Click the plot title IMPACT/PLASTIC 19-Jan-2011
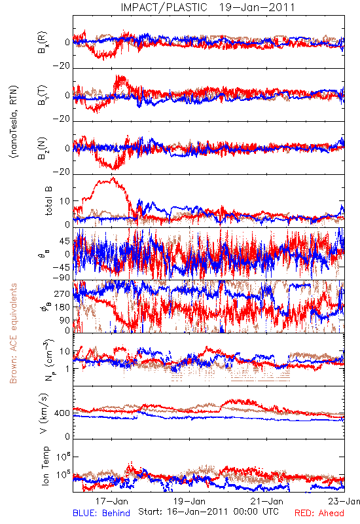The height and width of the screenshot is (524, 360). (x=208, y=7)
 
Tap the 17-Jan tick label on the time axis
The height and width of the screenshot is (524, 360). (x=112, y=501)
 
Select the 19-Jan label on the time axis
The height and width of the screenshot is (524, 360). (x=189, y=501)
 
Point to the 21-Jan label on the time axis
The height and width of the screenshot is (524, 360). (x=267, y=501)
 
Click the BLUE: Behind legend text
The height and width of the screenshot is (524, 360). (x=101, y=513)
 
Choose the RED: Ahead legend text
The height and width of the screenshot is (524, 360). (x=319, y=513)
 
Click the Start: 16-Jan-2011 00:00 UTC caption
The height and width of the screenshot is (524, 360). (x=208, y=512)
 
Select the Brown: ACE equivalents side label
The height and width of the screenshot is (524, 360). (x=13, y=333)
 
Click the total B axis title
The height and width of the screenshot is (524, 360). (x=48, y=201)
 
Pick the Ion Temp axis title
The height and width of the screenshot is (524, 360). (x=45, y=466)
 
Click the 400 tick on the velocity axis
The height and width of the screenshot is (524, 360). (x=62, y=413)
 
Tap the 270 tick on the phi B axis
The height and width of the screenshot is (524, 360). (x=62, y=293)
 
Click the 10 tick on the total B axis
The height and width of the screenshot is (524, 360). (x=65, y=201)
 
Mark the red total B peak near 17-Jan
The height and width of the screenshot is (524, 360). (x=113, y=178)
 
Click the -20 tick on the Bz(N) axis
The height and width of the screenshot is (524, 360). (x=61, y=172)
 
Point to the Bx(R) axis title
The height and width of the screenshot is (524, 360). (x=43, y=42)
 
